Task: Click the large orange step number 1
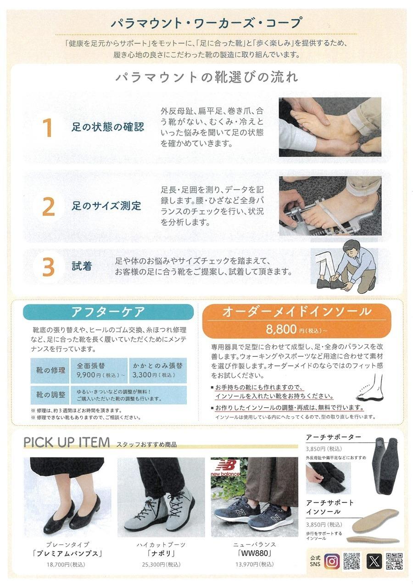48,128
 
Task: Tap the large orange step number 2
49,207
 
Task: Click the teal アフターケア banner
108,312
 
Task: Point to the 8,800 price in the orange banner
281,329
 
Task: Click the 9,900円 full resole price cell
99,370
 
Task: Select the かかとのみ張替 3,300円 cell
158,370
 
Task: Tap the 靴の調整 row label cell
50,394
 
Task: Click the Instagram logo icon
332,561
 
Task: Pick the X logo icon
374,561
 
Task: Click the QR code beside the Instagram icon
352,561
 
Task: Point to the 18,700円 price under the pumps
66,564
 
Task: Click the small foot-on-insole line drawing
371,388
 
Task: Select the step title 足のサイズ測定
106,206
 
